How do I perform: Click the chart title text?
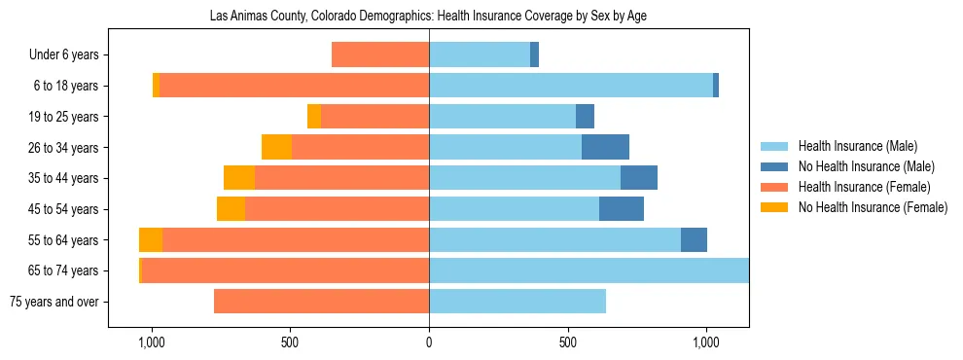428,17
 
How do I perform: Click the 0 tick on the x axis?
429,342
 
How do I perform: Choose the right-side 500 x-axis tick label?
568,342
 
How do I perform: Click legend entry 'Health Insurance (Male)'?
857,146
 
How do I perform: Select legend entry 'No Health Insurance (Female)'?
873,207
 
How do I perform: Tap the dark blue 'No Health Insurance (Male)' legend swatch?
775,166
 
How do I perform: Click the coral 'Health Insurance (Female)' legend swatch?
775,187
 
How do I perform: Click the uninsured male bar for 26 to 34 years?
605,148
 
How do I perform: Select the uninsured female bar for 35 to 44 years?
239,178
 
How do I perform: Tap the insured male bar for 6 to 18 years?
571,86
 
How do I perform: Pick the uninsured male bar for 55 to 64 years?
694,240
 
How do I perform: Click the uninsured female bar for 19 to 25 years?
314,117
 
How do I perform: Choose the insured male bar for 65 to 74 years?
588,270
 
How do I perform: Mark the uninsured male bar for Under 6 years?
534,55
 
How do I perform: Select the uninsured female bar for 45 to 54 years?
231,209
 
